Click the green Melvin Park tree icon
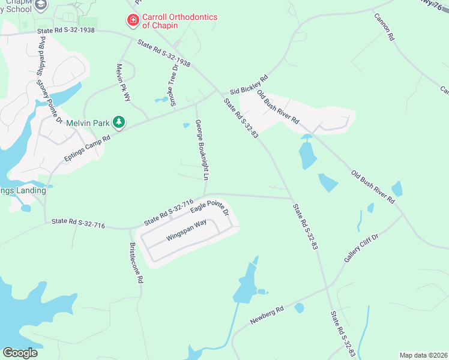[x=119, y=122]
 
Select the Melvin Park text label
[x=88, y=123]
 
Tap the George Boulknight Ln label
[x=202, y=152]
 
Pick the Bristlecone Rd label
[x=136, y=263]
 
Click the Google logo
[x=20, y=353]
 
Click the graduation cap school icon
[x=41, y=5]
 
